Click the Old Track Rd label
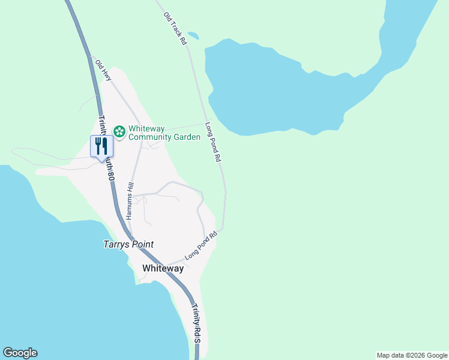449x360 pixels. point(175,28)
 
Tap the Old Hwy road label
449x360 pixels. point(104,70)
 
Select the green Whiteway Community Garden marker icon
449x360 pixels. point(119,131)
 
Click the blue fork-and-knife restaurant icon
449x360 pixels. point(101,145)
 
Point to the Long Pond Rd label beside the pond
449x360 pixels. point(214,143)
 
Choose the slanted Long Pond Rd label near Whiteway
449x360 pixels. point(200,246)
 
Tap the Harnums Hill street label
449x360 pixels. point(130,200)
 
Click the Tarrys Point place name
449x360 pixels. point(127,244)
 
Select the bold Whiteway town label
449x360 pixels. point(163,268)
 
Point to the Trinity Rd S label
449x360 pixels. point(196,323)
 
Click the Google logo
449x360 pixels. point(20,353)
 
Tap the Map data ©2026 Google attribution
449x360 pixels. point(412,355)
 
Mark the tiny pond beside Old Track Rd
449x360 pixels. point(193,35)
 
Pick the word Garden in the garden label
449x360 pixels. point(187,137)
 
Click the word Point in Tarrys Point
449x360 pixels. point(142,244)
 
